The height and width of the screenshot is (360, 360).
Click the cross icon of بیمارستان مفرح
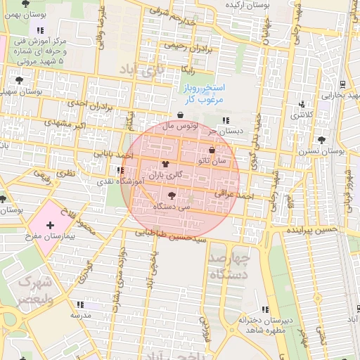coord(49,225)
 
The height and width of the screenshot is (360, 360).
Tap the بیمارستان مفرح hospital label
coord(49,238)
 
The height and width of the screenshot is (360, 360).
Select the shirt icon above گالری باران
coord(166,163)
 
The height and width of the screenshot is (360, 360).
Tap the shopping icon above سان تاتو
coord(212,150)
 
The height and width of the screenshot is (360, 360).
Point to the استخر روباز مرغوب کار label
coord(203,95)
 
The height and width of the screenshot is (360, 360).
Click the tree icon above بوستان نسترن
coord(321,140)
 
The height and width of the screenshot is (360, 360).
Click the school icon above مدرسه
coord(80,304)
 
